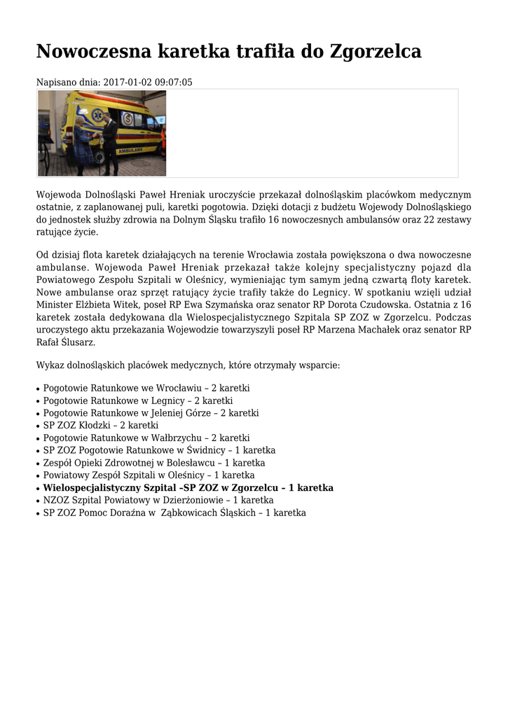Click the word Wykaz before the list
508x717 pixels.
[50, 366]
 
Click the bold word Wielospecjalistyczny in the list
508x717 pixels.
[92, 488]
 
